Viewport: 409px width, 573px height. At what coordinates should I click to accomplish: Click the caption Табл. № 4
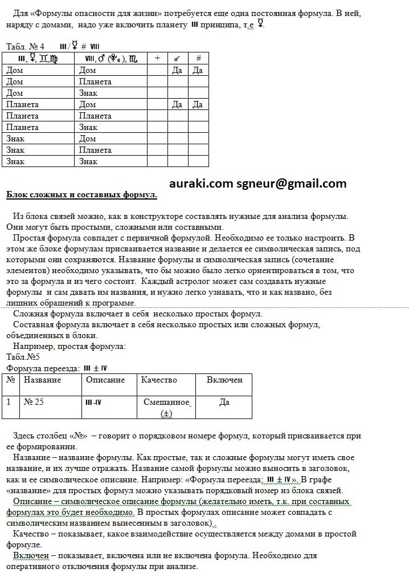click(25, 46)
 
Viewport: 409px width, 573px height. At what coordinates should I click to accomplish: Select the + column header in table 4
click(157, 58)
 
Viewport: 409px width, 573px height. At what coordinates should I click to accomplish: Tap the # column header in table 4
click(198, 58)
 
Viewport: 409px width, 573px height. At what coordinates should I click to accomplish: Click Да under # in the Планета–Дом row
click(198, 104)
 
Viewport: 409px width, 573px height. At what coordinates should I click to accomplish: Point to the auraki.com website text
click(201, 184)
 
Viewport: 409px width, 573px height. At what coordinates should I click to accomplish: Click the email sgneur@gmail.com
click(292, 184)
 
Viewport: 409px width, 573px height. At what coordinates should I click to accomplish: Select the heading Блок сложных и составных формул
click(81, 195)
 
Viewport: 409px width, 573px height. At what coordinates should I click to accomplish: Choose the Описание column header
click(105, 380)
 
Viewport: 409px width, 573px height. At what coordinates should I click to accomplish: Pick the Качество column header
click(159, 380)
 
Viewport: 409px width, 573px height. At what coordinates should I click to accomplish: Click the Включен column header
click(224, 380)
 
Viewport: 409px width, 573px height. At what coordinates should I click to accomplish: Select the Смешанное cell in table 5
click(166, 402)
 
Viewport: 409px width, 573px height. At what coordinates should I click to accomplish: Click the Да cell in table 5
click(224, 402)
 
